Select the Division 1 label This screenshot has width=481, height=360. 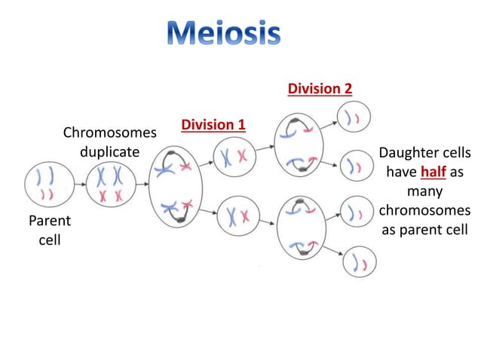tap(213, 124)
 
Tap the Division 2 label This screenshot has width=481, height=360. tap(320, 90)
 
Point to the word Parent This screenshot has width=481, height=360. tap(49, 221)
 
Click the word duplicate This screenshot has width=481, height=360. tap(110, 151)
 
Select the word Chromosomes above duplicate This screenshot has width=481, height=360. tap(110, 133)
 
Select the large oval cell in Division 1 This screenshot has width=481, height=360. tap(175, 187)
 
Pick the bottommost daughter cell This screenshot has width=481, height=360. tap(360, 263)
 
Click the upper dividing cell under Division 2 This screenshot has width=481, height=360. tap(299, 145)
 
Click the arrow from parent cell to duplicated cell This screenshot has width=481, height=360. tap(79, 185)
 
